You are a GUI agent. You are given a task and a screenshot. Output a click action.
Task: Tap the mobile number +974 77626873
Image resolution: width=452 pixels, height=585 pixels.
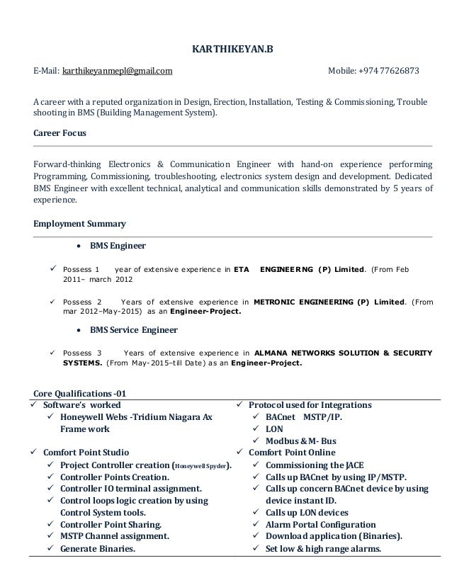click(388, 72)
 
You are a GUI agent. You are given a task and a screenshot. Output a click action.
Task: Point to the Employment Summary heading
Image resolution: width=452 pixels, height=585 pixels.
click(80, 224)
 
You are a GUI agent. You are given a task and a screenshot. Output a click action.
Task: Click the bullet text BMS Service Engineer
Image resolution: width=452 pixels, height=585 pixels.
click(133, 331)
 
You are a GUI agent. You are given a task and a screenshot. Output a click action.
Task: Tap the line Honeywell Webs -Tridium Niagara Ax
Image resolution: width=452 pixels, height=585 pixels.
click(136, 417)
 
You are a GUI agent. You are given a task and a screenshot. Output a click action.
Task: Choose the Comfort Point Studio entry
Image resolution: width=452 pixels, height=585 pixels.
click(86, 453)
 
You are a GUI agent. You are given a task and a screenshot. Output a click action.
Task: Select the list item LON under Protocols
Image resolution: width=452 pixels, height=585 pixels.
click(273, 429)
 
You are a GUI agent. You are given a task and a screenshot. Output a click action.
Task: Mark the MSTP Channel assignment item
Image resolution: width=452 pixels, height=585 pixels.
click(114, 537)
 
